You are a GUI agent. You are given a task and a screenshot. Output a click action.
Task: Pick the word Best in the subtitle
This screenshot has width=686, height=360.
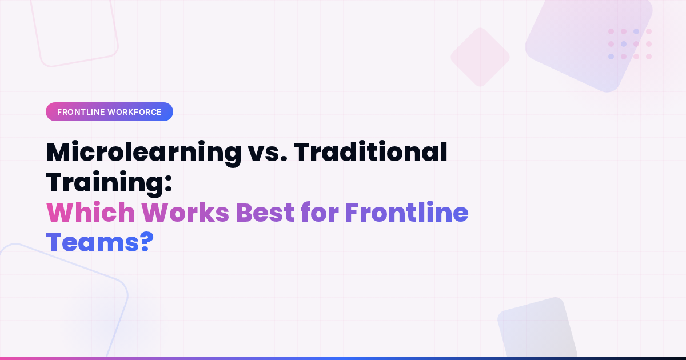(269, 213)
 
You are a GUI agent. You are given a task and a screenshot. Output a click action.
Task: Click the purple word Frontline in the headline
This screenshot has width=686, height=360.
(406, 213)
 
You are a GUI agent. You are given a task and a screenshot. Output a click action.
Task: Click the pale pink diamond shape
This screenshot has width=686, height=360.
(480, 57)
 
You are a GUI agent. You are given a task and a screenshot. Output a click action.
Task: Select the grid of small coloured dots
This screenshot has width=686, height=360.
(629, 44)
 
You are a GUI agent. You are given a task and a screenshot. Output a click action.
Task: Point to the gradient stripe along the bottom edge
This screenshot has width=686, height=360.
(343, 358)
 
